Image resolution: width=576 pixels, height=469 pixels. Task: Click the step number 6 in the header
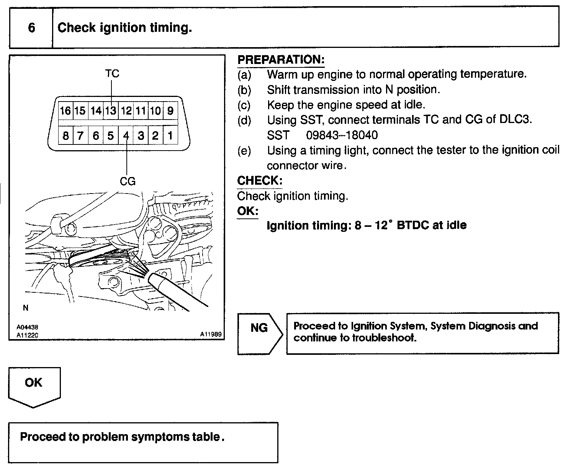coord(31,28)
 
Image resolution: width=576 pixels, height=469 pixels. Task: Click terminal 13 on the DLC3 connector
coord(111,111)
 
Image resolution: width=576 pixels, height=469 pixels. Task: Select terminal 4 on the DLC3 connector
coord(126,136)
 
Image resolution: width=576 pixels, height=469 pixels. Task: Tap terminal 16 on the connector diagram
coord(65,111)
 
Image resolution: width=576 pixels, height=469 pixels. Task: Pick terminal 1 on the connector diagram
coord(170,136)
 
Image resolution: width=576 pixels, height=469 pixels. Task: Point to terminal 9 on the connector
coord(170,111)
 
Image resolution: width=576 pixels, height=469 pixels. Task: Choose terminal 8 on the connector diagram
coord(65,136)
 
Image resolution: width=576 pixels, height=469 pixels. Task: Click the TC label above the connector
coord(112,73)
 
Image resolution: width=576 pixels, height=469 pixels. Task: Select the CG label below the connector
coord(128,181)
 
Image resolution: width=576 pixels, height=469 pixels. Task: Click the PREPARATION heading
coord(281,60)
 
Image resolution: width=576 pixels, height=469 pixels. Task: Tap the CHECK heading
coord(259,181)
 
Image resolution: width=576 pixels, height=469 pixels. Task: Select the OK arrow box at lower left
coord(34,385)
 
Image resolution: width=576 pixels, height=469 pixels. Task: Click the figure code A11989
coord(211,334)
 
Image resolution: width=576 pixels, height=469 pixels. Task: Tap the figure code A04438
coord(27,328)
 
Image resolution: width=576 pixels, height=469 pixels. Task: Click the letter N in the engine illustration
coord(26,308)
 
